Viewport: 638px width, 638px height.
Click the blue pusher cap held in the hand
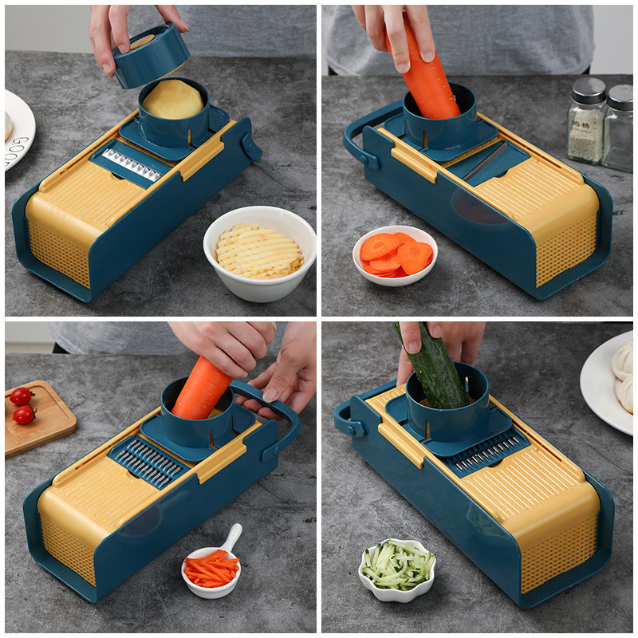pyautogui.click(x=152, y=57)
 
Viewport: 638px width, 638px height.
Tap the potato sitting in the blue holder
pyautogui.click(x=172, y=100)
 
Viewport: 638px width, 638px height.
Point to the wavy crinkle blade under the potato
pyautogui.click(x=132, y=163)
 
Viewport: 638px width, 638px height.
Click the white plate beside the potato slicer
pyautogui.click(x=18, y=128)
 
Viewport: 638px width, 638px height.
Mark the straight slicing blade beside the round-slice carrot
pyautogui.click(x=486, y=161)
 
